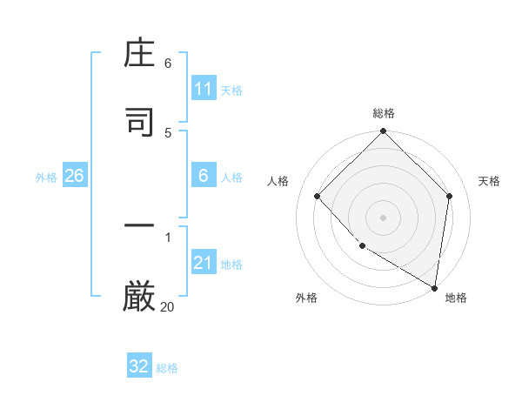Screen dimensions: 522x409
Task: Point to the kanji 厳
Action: coord(139,297)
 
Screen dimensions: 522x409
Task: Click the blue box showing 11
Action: coord(204,89)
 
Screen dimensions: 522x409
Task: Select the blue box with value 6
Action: coord(204,176)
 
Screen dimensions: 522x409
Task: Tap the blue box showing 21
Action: coord(204,263)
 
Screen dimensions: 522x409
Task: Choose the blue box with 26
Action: coord(74,176)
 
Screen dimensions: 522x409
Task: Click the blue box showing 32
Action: coord(139,366)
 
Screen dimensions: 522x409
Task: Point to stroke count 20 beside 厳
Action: coord(167,306)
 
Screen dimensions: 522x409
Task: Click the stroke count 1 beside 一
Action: coord(168,236)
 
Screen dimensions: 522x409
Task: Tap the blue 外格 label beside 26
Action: coord(46,177)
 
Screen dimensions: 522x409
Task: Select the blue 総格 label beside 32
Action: coord(167,367)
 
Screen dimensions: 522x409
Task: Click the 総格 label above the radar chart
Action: coord(384,113)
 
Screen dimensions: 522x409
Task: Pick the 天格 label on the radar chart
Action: coord(489,181)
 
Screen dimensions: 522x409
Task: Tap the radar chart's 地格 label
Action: coord(456,298)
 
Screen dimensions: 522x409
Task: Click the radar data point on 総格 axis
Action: coord(384,132)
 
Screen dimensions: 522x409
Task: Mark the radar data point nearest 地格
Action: coord(434,286)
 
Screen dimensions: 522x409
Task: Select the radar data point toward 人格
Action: coord(318,196)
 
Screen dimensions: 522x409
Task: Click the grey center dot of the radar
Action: coord(384,217)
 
